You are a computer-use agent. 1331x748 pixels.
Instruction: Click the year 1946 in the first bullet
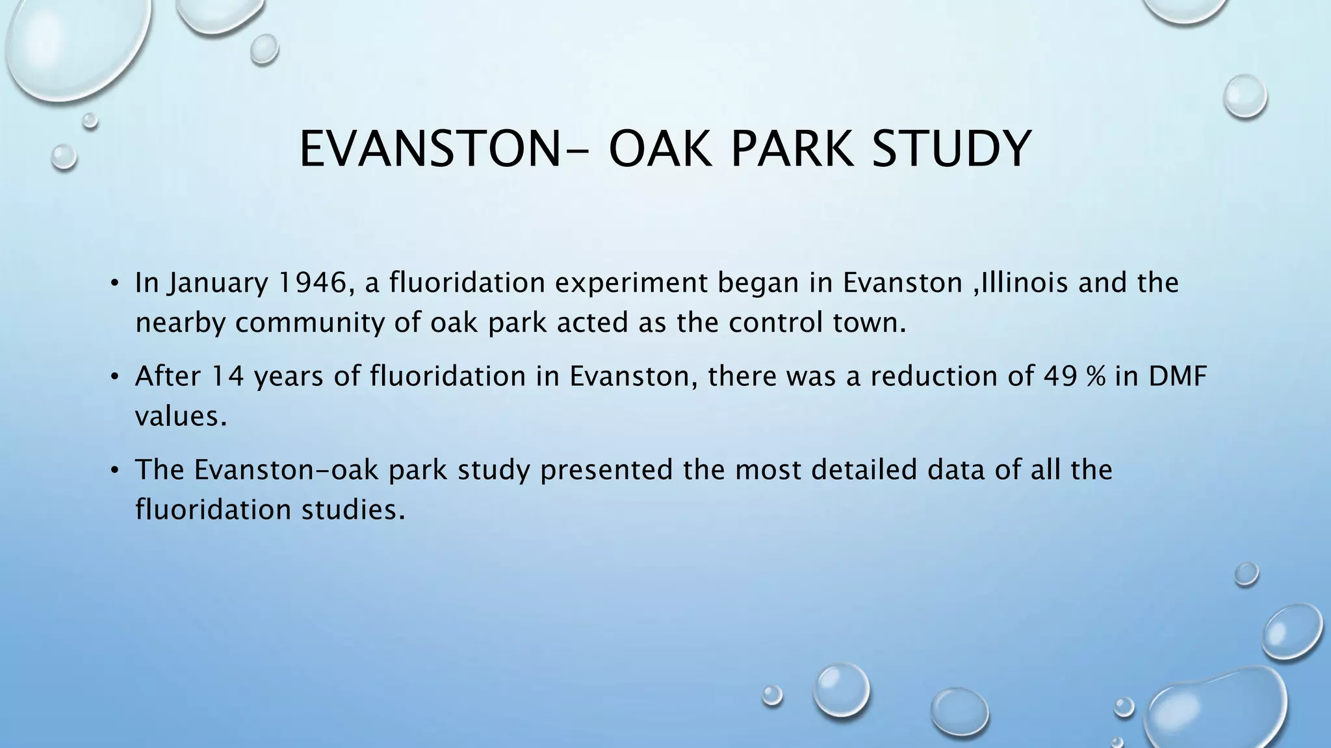(317, 283)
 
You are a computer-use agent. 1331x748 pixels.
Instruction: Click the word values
(181, 416)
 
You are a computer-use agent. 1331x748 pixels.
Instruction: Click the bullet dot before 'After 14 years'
(114, 377)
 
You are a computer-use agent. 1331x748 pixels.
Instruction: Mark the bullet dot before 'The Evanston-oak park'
(114, 470)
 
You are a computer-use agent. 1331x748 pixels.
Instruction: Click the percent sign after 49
(1100, 377)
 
